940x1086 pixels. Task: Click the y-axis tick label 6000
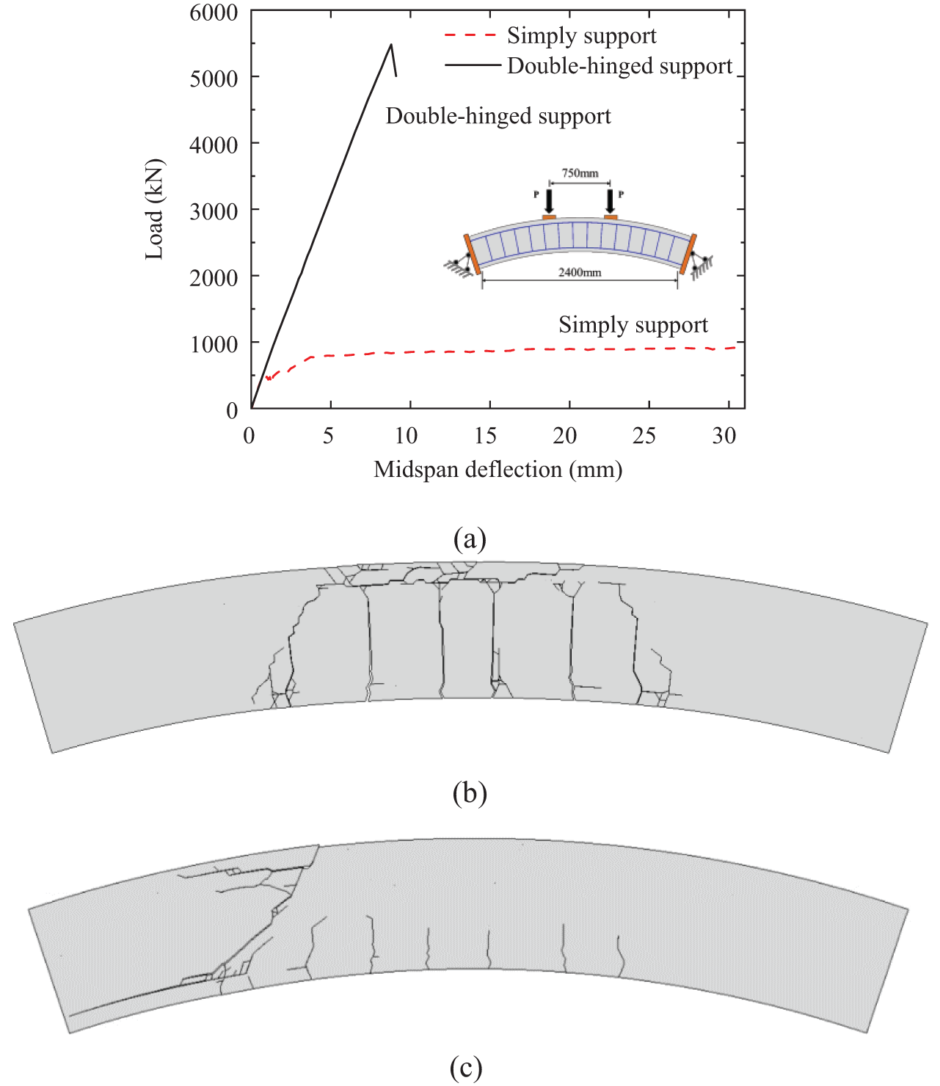[x=214, y=12]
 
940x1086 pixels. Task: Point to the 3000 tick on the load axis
[x=214, y=211]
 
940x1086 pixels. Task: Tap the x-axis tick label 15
[x=485, y=436]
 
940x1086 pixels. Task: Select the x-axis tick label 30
[x=724, y=436]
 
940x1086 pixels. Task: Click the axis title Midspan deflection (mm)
[x=498, y=469]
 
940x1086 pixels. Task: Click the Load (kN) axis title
[x=154, y=209]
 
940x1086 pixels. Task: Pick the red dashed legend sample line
[x=470, y=35]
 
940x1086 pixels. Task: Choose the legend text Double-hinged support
[x=619, y=66]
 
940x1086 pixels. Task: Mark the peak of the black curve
[x=391, y=45]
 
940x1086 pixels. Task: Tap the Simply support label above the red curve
[x=633, y=324]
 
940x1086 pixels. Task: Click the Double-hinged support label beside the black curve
[x=498, y=116]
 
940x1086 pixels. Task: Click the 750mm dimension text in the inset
[x=580, y=173]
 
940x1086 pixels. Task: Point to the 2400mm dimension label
[x=580, y=272]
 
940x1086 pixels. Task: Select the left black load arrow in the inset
[x=549, y=200]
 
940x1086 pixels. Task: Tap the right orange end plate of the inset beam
[x=688, y=254]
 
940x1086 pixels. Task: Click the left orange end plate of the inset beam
[x=471, y=254]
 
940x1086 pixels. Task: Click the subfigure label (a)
[x=470, y=539]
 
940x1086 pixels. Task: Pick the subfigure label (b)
[x=470, y=792]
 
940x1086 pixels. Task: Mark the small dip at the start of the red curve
[x=269, y=379]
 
